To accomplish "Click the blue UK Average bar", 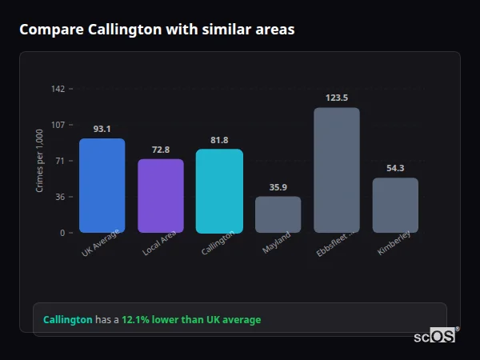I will [102, 186].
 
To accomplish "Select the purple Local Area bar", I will [161, 196].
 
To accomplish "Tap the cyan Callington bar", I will [219, 191].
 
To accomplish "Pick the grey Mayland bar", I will [278, 214].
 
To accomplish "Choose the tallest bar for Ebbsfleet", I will [337, 170].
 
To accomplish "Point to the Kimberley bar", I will [395, 205].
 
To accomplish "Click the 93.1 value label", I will [102, 129].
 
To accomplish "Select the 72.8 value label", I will [161, 150].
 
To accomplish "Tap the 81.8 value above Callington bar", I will [219, 140].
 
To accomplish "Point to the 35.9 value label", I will [278, 187].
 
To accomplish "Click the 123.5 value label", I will [337, 98].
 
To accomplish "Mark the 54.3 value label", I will [395, 168].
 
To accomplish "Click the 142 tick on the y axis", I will [58, 89].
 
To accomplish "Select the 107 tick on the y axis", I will [58, 125].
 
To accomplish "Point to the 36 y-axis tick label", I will [59, 197].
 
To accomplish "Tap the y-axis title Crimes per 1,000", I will [40, 161].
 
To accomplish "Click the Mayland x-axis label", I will [277, 242].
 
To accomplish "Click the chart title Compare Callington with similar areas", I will [157, 30].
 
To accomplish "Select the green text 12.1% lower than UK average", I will [191, 319].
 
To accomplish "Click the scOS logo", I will [434, 336].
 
